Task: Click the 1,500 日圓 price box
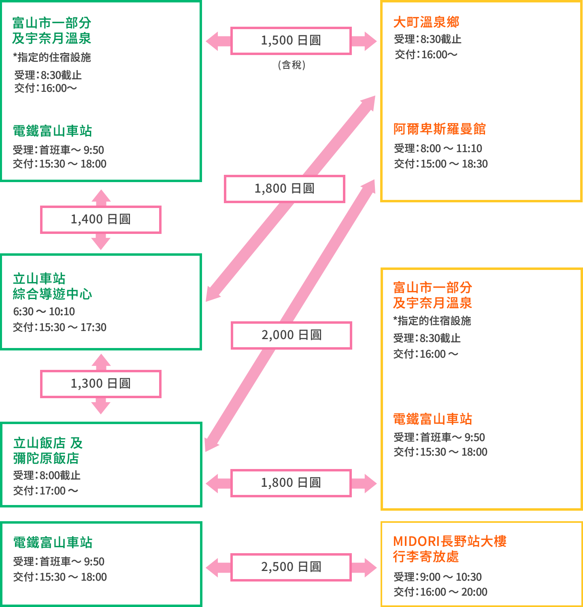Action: (291, 40)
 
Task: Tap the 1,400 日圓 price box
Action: (101, 219)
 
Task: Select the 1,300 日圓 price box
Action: (101, 384)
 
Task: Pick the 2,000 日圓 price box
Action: (291, 335)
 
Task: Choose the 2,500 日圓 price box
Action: (291, 567)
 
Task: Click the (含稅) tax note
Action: (291, 65)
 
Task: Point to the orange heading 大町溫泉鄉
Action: (426, 22)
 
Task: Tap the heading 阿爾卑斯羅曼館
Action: (440, 129)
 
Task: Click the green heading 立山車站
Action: (39, 278)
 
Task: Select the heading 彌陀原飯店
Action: (46, 458)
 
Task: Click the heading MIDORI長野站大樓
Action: (450, 541)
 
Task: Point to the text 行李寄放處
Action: (426, 556)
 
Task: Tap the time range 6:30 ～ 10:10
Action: (44, 312)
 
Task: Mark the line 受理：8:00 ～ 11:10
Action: (438, 149)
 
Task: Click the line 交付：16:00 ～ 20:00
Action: (440, 592)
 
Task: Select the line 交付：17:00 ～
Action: (46, 491)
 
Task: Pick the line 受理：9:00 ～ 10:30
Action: (438, 577)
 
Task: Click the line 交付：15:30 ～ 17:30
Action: (60, 327)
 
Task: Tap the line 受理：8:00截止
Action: (47, 475)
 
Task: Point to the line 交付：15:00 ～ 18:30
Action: (441, 164)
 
